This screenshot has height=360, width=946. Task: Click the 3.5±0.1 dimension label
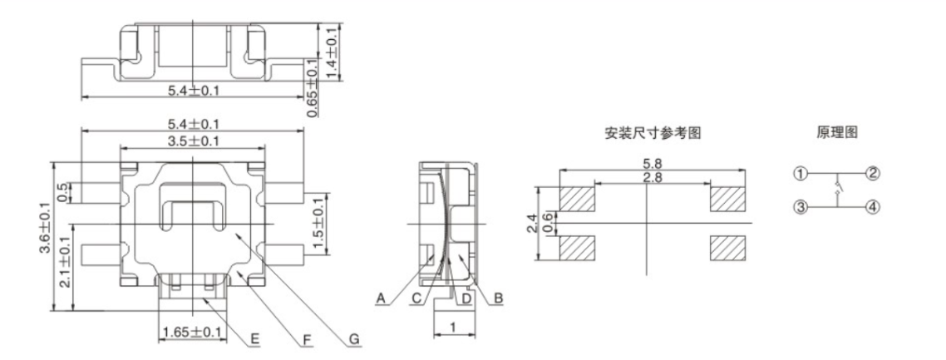192,141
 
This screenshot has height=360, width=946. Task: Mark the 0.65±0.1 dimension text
311,86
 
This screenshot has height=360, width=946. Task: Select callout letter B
496,298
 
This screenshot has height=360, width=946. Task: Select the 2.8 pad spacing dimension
647,177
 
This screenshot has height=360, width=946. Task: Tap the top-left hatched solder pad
578,199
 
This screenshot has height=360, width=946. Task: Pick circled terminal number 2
872,174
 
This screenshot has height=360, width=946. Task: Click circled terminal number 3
801,207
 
